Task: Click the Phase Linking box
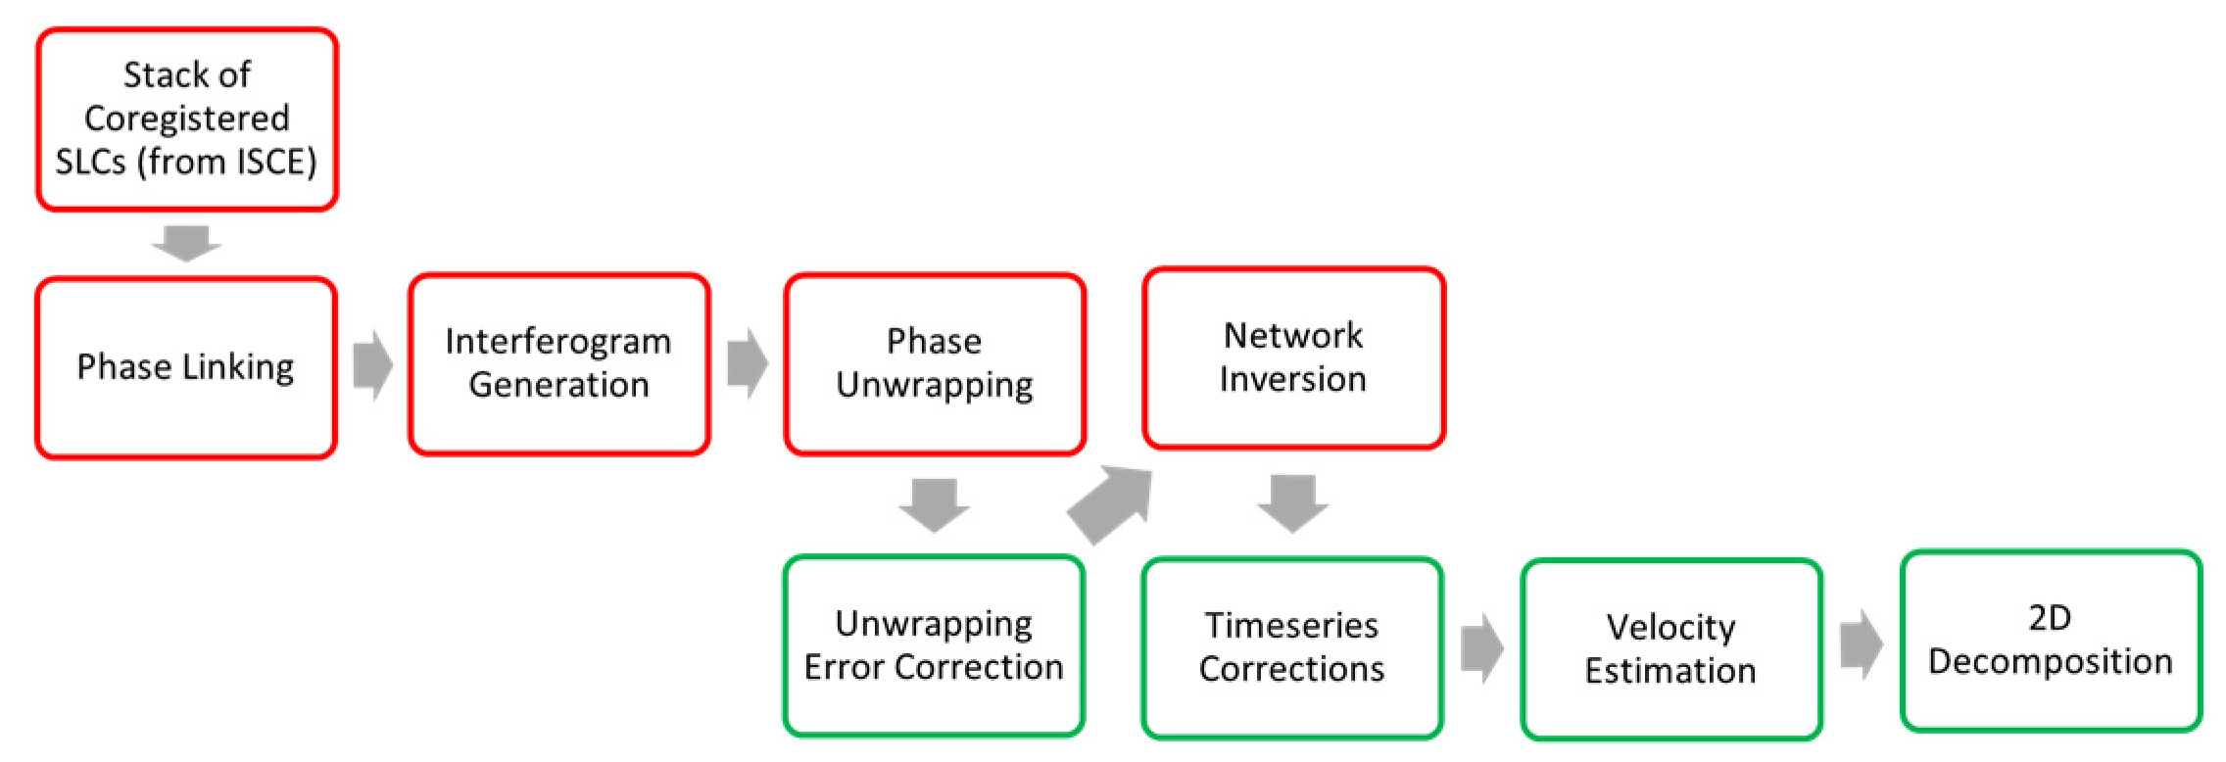click(186, 367)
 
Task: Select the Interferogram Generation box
click(558, 363)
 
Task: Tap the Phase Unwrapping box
click(934, 363)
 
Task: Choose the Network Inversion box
click(1293, 357)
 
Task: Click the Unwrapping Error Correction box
click(934, 645)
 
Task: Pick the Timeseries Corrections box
click(1291, 647)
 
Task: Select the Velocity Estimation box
click(1670, 649)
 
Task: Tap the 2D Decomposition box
click(2051, 641)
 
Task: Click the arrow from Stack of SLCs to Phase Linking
click(186, 243)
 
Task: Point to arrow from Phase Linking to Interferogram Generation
click(372, 365)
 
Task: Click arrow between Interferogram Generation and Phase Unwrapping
click(748, 363)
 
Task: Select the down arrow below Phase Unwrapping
click(934, 504)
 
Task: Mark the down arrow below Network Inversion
click(1292, 502)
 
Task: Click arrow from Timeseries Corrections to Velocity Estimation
click(1481, 647)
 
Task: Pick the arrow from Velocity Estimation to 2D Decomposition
click(1861, 644)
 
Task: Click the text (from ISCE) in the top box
click(227, 162)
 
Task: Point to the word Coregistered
click(186, 119)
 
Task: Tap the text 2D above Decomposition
click(2050, 618)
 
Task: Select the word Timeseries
click(1291, 625)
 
